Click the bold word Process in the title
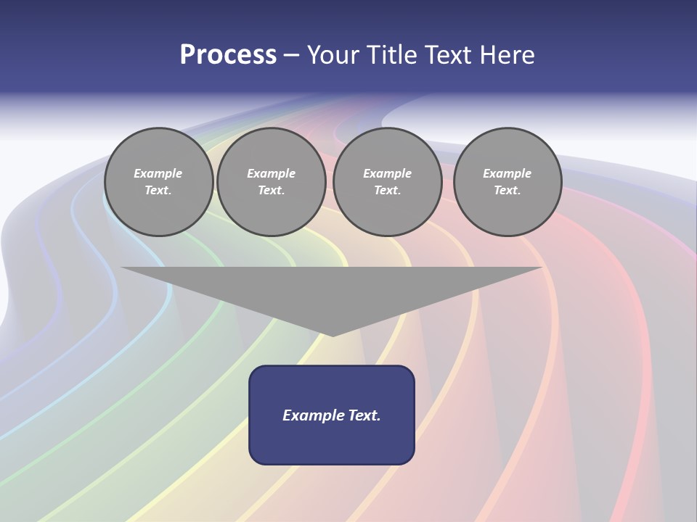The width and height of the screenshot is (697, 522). coord(228,55)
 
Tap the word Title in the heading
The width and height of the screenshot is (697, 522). coord(389,55)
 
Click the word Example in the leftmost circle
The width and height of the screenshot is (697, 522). coord(158,173)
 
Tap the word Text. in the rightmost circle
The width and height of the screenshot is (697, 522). coord(508,190)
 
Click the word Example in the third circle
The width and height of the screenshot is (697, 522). coord(387,173)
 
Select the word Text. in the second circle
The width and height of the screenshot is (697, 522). coord(272,190)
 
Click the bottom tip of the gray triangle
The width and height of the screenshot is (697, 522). coord(333,334)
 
